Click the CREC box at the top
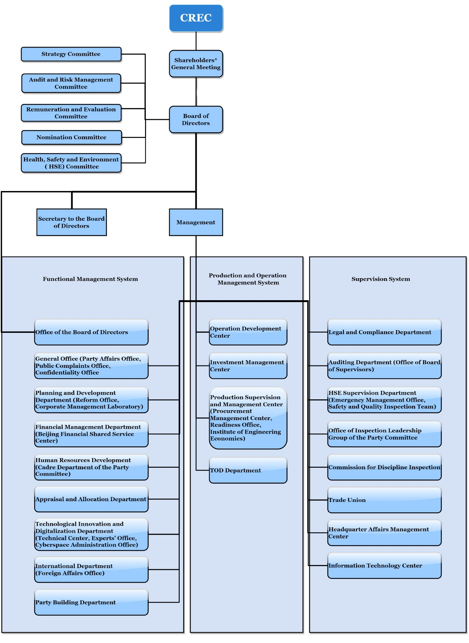point(196,18)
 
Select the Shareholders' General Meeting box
point(196,64)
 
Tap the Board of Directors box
point(196,120)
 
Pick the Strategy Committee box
point(71,54)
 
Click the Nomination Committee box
point(72,138)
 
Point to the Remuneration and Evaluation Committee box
point(71,113)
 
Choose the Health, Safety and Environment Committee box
point(71,163)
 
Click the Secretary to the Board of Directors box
point(72,222)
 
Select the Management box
point(196,222)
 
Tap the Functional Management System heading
point(90,279)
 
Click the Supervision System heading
point(381,279)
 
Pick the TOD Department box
point(248,470)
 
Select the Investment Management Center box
point(248,366)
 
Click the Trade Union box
point(384,500)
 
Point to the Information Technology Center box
point(384,566)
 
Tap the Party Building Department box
point(91,603)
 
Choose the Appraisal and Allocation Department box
point(91,499)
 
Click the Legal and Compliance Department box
point(384,332)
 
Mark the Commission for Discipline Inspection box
point(384,467)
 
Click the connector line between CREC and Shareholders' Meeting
point(196,41)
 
